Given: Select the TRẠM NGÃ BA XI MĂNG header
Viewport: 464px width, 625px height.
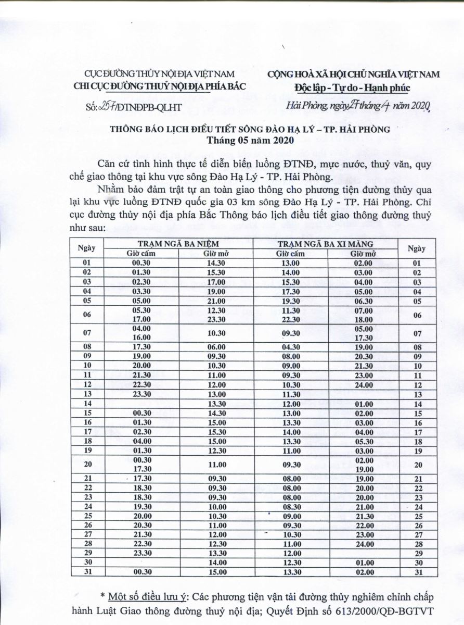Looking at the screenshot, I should (x=325, y=244).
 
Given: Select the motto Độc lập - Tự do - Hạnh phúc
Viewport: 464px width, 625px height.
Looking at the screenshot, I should (x=352, y=87).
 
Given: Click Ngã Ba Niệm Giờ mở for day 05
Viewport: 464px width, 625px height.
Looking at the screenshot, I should (x=216, y=301).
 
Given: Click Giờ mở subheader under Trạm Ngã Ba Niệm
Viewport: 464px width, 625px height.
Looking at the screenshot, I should (x=216, y=254).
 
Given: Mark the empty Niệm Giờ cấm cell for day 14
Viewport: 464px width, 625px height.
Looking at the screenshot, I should (x=141, y=404).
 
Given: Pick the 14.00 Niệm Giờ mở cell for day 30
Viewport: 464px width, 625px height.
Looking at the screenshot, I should (x=216, y=563).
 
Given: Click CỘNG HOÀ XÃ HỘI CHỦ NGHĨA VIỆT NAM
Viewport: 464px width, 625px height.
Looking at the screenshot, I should (x=353, y=74).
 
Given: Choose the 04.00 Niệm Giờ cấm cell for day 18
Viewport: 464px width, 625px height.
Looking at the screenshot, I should (x=141, y=441).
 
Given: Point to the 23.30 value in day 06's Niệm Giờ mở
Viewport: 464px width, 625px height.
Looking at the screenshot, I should (x=216, y=319).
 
